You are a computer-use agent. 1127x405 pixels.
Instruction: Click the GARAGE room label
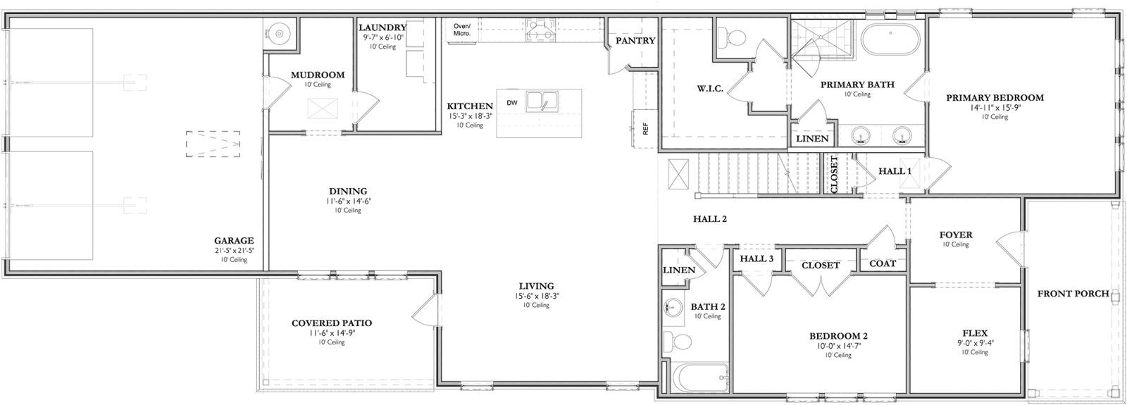[234, 240]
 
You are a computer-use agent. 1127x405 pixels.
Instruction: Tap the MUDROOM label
[318, 75]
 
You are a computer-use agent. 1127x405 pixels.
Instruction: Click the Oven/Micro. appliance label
[461, 30]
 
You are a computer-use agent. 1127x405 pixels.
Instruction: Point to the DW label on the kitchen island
[512, 103]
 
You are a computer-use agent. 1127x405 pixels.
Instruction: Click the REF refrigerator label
[644, 129]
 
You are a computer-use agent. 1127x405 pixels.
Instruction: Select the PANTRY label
[635, 41]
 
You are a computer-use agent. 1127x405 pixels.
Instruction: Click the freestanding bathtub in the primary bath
[891, 39]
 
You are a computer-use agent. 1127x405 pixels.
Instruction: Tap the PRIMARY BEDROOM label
[995, 98]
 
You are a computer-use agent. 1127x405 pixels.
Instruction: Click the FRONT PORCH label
[1073, 294]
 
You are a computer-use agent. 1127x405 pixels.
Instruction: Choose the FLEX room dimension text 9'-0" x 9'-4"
[975, 344]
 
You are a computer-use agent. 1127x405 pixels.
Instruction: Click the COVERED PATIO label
[332, 323]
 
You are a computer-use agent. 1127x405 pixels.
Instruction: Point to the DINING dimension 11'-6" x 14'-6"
[348, 201]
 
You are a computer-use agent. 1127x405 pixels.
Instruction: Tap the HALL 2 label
[709, 219]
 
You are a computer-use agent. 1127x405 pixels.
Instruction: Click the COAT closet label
[883, 263]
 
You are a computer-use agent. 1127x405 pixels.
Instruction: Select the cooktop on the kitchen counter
[540, 30]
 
